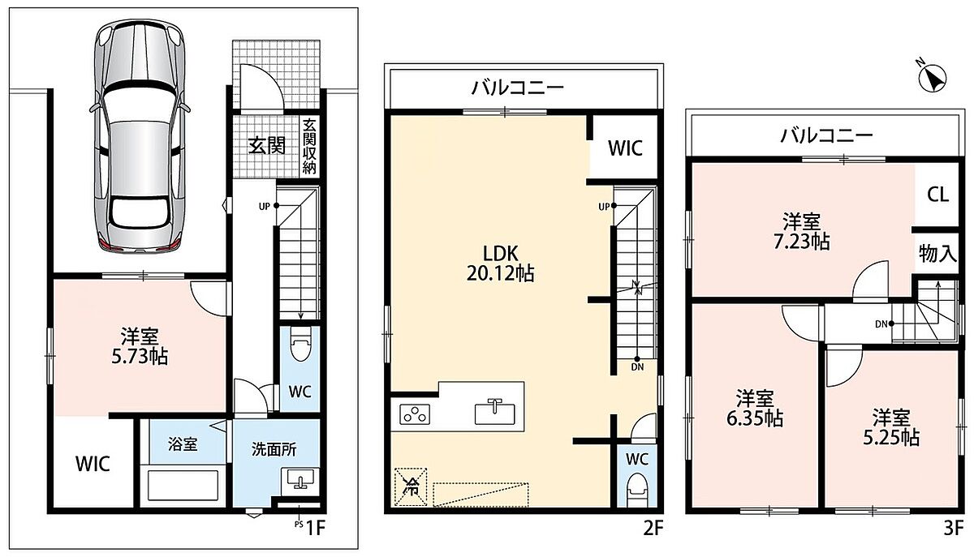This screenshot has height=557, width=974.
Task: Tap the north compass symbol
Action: pos(933,80)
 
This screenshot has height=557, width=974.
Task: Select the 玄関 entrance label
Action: pos(267,146)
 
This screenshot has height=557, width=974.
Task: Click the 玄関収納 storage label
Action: pos(309,146)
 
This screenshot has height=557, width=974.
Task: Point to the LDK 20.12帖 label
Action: pos(501,264)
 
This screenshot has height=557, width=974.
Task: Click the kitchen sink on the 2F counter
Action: pos(494,413)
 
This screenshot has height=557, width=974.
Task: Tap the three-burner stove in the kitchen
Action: pos(416,414)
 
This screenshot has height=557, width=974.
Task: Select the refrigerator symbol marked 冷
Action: pos(411,486)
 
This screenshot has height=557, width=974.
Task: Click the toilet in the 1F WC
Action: pos(300,344)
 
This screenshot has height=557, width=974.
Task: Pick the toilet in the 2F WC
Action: pos(637,490)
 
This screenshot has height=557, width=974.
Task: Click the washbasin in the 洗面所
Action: pos(300,481)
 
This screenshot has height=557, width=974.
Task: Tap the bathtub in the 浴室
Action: pos(183,486)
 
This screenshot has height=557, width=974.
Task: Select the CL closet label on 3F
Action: pos(937,195)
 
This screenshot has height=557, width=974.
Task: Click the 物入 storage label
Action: pos(938,253)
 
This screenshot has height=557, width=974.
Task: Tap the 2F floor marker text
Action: pos(653,529)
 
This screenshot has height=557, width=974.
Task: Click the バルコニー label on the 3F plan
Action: pos(826,135)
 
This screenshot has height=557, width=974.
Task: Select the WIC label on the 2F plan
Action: pos(625,148)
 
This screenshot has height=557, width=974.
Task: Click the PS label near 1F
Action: pos(299,525)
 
